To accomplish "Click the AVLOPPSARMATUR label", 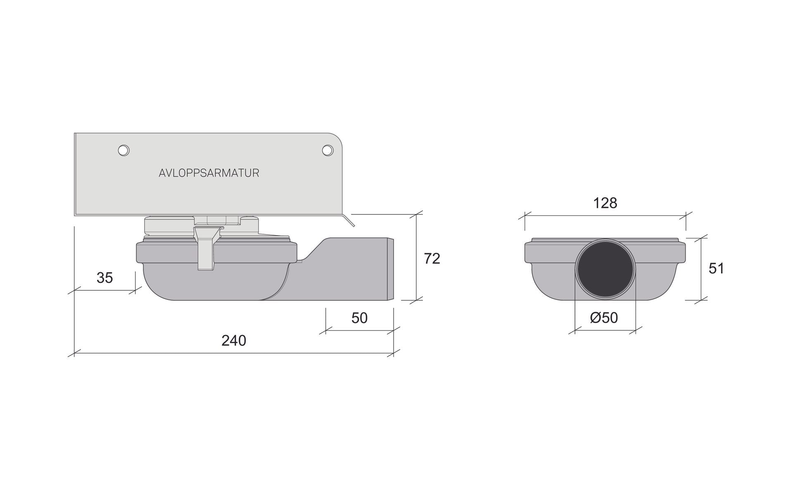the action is point(209,173).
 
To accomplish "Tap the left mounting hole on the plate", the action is point(123,151).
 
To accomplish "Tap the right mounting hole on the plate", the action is point(328,151).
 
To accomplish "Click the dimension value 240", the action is point(234,340).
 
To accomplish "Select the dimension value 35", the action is point(104,278).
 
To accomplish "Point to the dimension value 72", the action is point(432,259).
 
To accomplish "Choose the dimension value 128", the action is point(605,203).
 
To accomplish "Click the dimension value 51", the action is point(716,269).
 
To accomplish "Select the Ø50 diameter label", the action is point(604,318).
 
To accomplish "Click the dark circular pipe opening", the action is point(605,269).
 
